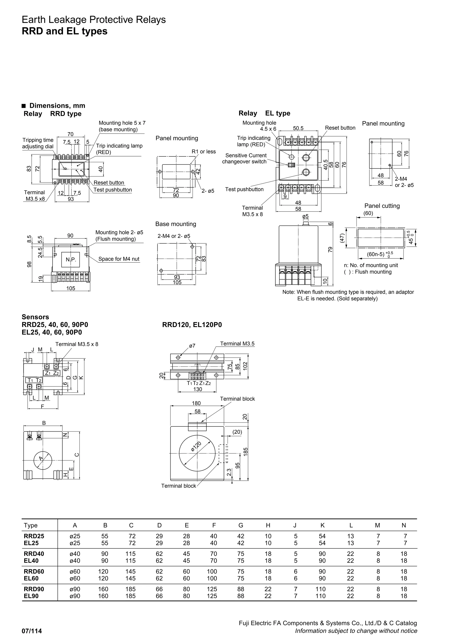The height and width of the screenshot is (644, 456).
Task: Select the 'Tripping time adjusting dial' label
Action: pyautogui.click(x=38, y=143)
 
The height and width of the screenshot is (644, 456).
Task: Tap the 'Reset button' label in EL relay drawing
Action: pyautogui.click(x=340, y=128)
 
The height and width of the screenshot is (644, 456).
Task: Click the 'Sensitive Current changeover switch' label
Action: pyautogui.click(x=244, y=158)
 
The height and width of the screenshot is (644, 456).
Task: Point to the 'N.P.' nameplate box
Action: pyautogui.click(x=71, y=260)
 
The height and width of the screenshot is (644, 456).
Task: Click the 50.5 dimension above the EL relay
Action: pyautogui.click(x=298, y=128)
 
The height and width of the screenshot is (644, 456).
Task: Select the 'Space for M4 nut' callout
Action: pyautogui.click(x=119, y=259)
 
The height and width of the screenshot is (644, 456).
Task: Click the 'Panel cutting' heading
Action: pyautogui.click(x=382, y=206)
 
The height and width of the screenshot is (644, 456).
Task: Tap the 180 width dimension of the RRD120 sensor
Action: pyautogui.click(x=196, y=403)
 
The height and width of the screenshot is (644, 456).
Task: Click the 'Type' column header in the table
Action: pyautogui.click(x=31, y=525)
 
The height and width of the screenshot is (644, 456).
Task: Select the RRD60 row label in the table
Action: pyautogui.click(x=34, y=571)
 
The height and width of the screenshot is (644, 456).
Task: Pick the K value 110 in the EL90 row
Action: pyautogui.click(x=320, y=596)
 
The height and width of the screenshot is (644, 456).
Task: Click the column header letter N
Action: pyautogui.click(x=403, y=525)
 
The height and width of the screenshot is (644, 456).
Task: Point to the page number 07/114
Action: pyautogui.click(x=32, y=631)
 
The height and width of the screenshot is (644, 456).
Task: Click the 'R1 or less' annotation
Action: pyautogui.click(x=204, y=152)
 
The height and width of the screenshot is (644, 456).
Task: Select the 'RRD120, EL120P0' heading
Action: pyautogui.click(x=192, y=325)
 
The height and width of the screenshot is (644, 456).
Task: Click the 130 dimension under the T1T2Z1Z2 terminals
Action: pyautogui.click(x=197, y=389)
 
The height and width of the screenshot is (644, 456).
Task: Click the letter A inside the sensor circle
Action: pyautogui.click(x=41, y=458)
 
